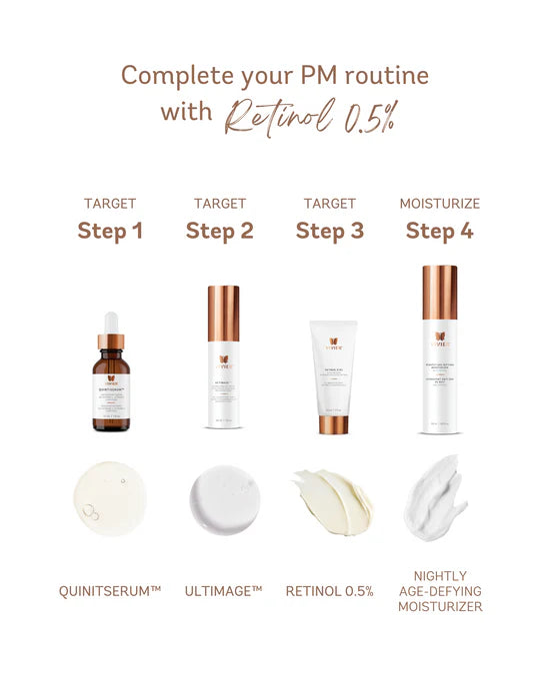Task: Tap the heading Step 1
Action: point(110,232)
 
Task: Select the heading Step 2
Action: point(219,232)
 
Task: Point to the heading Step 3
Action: point(329,232)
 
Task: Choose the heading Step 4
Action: point(439,232)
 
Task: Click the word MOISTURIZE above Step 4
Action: point(439,204)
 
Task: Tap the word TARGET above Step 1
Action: point(110,204)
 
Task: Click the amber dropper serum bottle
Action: point(111,389)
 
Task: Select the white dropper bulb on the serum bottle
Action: point(111,323)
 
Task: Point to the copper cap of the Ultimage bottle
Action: point(223,313)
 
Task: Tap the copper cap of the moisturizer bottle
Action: point(439,292)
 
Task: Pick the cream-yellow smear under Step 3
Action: point(333,500)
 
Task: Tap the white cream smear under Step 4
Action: point(438,496)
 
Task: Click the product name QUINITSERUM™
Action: point(110,592)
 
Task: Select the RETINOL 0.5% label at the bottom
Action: point(330,592)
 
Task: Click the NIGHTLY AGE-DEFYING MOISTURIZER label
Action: point(439,591)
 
